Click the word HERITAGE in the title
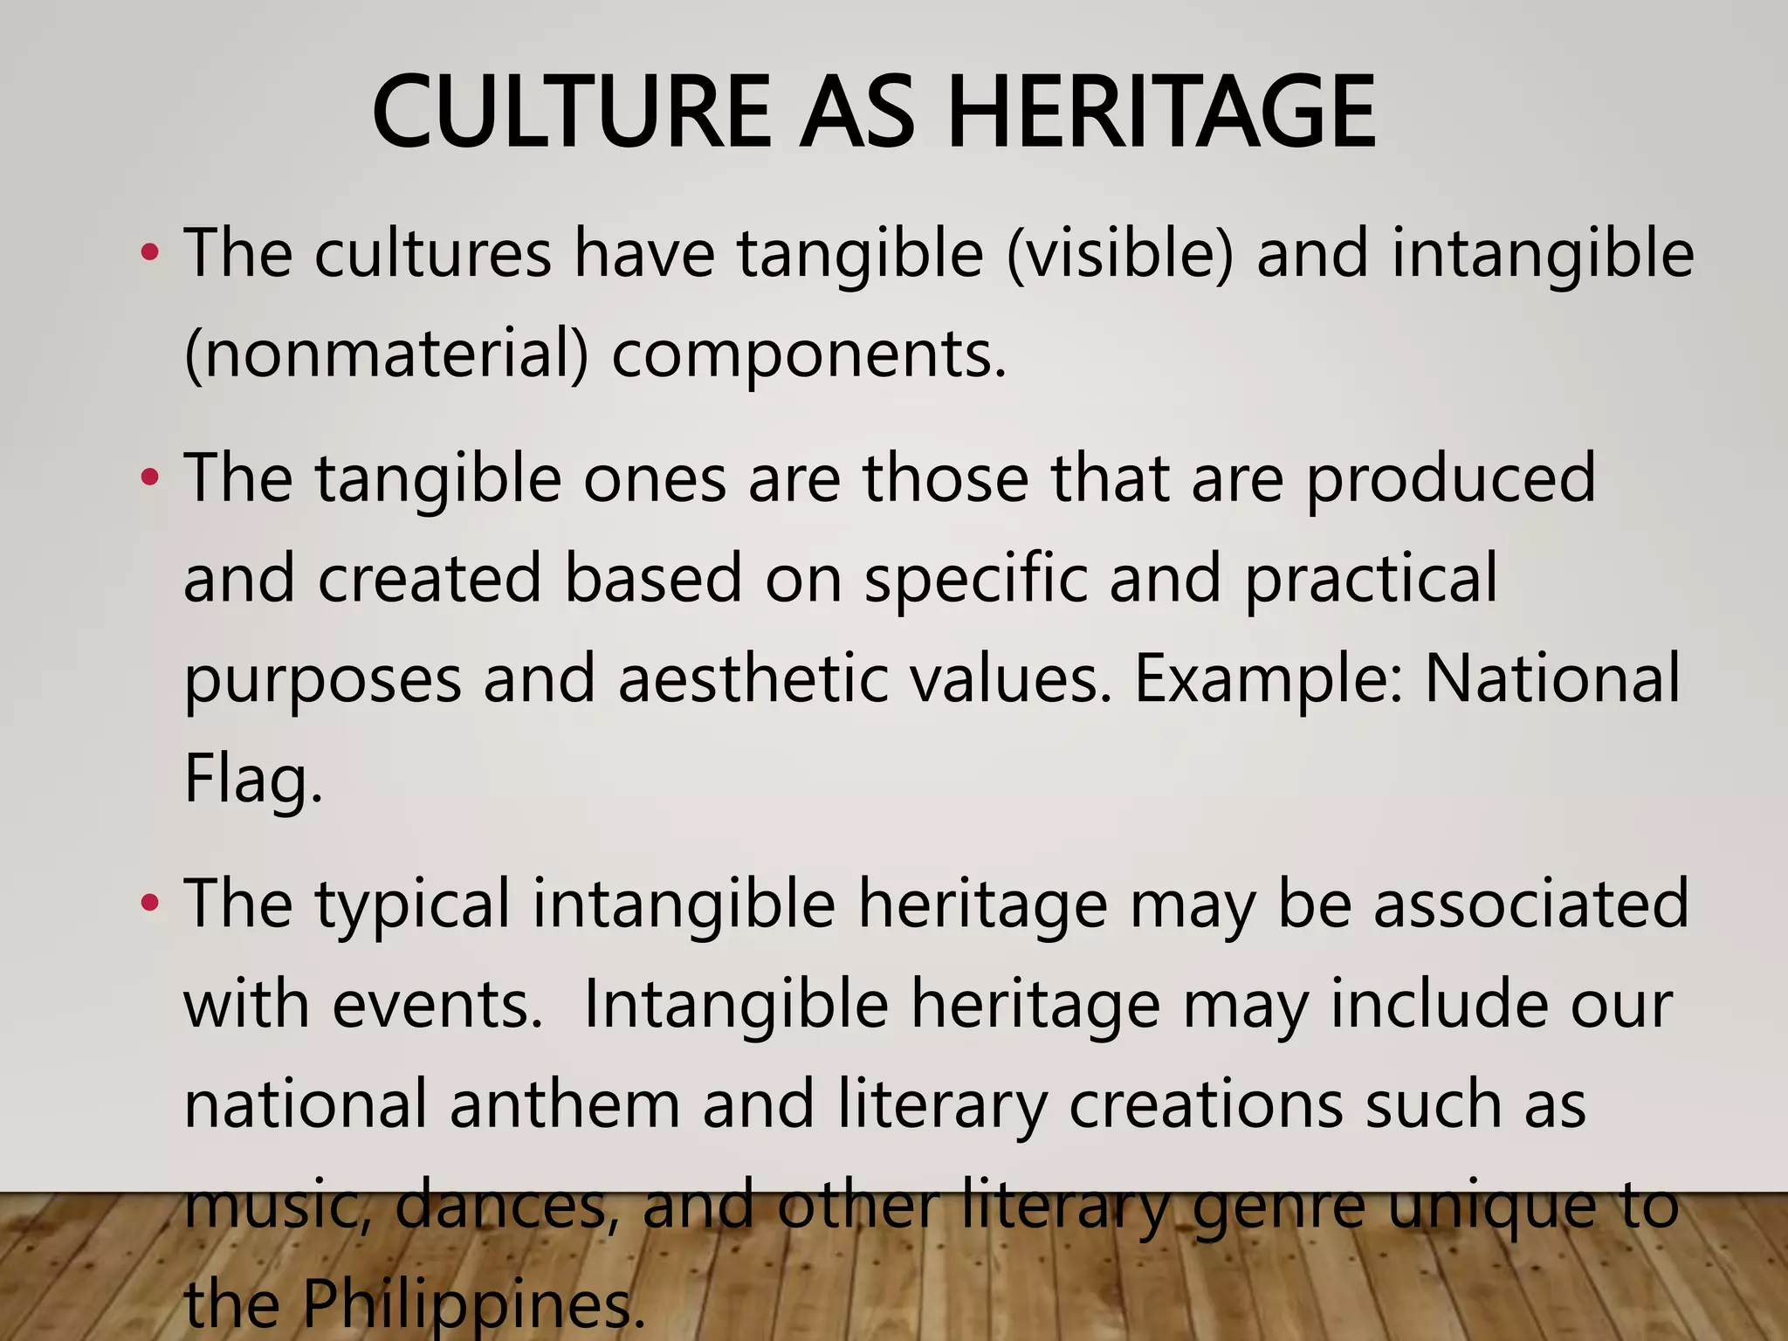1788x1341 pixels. pos(1161,112)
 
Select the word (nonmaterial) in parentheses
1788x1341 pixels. pos(387,354)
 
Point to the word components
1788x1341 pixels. pos(809,355)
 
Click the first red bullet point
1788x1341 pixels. pos(150,254)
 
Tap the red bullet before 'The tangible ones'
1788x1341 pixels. pos(150,478)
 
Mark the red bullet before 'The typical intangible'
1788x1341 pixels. pos(150,904)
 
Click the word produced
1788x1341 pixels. pos(1451,479)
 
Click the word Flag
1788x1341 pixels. pos(253,779)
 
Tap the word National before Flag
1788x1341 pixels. pos(1551,678)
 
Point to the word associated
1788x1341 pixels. pos(1531,904)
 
